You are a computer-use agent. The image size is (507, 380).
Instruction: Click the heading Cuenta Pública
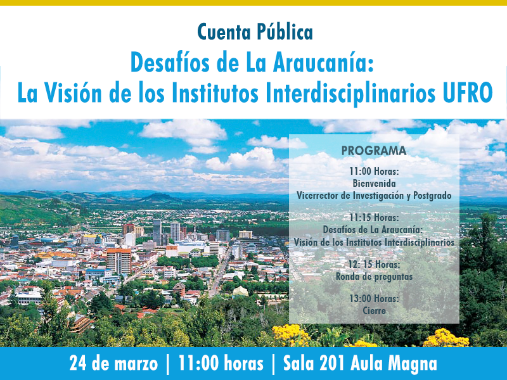coord(255,32)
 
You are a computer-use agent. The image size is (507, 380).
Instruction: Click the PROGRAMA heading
coord(374,151)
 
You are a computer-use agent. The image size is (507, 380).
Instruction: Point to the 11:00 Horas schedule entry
coord(374,171)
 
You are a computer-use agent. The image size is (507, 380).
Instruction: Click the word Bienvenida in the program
coord(374,183)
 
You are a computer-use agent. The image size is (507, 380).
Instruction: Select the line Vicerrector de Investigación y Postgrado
coord(374,196)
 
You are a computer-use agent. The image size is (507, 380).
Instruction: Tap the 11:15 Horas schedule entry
coord(374,218)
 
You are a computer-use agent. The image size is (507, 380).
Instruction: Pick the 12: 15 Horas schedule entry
coord(374,265)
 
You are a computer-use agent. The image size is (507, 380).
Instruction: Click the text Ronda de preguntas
coord(374,277)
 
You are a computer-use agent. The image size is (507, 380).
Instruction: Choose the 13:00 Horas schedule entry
coord(374,298)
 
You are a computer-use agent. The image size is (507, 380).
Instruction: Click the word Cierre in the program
coord(374,310)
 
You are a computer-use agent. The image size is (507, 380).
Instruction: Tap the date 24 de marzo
coord(113,363)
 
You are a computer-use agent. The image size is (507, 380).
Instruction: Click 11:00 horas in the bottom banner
coord(221,363)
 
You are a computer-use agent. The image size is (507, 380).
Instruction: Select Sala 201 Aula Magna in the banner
coord(360,363)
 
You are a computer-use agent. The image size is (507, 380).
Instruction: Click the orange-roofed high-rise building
coord(119,260)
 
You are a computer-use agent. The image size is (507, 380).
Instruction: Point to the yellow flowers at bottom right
coord(446,338)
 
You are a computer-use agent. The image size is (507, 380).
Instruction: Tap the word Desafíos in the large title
coord(170,63)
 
